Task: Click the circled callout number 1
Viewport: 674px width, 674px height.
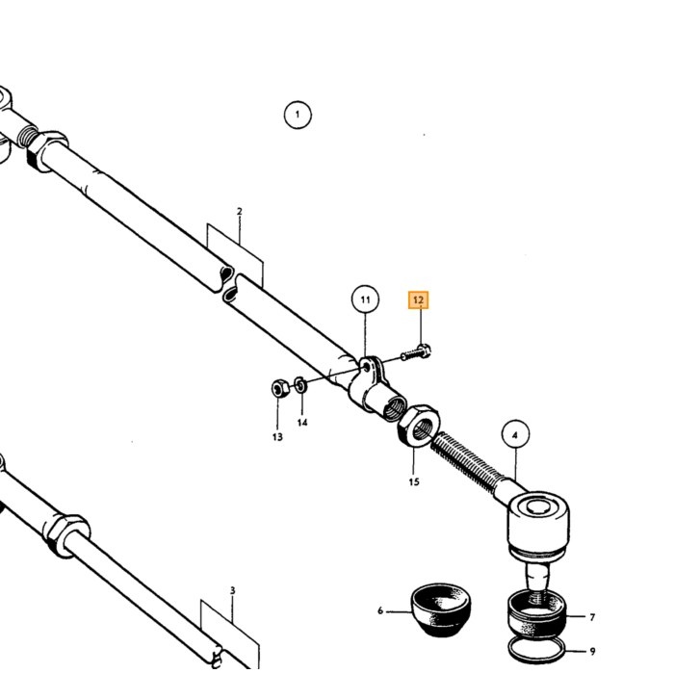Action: coord(298,115)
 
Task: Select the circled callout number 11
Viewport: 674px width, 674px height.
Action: coord(365,299)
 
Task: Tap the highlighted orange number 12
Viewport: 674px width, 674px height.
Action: coord(418,300)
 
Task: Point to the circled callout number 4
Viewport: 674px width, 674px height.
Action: coord(515,435)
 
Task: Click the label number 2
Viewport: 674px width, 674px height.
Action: coord(240,212)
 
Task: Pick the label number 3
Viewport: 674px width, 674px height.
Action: coord(233,590)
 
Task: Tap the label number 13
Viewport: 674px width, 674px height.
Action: coord(277,437)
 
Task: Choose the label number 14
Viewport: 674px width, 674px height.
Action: coord(302,423)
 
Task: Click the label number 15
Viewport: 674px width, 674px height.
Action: coord(414,481)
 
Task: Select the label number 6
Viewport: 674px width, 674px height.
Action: coord(380,610)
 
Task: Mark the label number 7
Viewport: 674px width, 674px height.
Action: coord(592,617)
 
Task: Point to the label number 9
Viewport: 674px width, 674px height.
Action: coord(592,652)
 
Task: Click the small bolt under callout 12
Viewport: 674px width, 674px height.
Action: coord(416,352)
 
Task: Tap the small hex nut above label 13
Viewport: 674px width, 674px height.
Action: coord(279,388)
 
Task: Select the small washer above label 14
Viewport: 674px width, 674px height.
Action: coord(300,384)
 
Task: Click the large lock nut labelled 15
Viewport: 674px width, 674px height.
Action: coord(418,426)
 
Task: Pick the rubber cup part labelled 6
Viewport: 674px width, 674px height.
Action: coord(441,609)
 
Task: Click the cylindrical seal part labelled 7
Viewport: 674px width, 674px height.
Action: coord(537,614)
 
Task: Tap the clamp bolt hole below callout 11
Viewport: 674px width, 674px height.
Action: coord(366,367)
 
